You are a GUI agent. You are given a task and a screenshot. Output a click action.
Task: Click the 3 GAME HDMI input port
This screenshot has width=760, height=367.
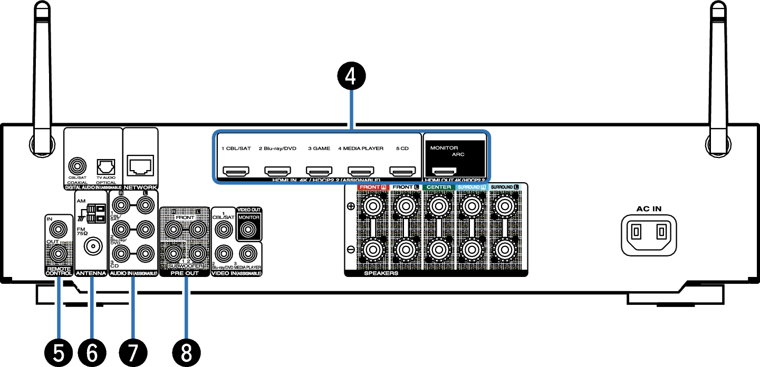click(x=319, y=172)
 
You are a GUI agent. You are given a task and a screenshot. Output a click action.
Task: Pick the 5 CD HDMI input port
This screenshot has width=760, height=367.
click(x=402, y=172)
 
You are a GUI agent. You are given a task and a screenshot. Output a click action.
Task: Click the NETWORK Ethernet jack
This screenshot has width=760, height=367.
click(x=140, y=166)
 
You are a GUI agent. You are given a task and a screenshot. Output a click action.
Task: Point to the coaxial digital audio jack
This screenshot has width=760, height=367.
click(x=77, y=167)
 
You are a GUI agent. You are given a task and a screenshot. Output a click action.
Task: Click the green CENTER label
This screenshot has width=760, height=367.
click(x=439, y=187)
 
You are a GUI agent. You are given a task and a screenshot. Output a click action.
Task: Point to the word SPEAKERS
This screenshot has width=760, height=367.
click(x=381, y=274)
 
